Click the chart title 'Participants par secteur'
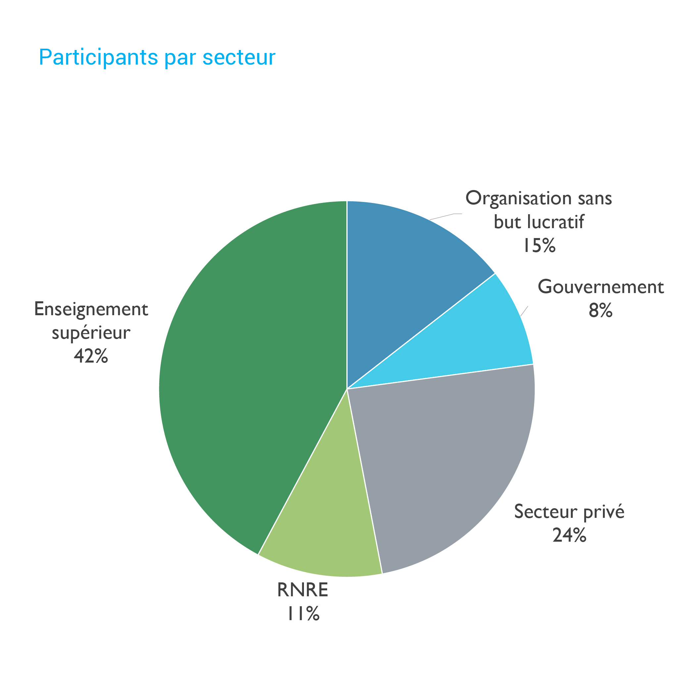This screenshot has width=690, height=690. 157,57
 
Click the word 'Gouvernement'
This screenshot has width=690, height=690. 600,287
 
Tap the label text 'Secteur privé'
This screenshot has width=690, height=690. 569,512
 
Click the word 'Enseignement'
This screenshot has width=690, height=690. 91,309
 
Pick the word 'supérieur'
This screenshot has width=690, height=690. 91,333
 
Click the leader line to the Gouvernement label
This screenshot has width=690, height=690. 524,312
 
